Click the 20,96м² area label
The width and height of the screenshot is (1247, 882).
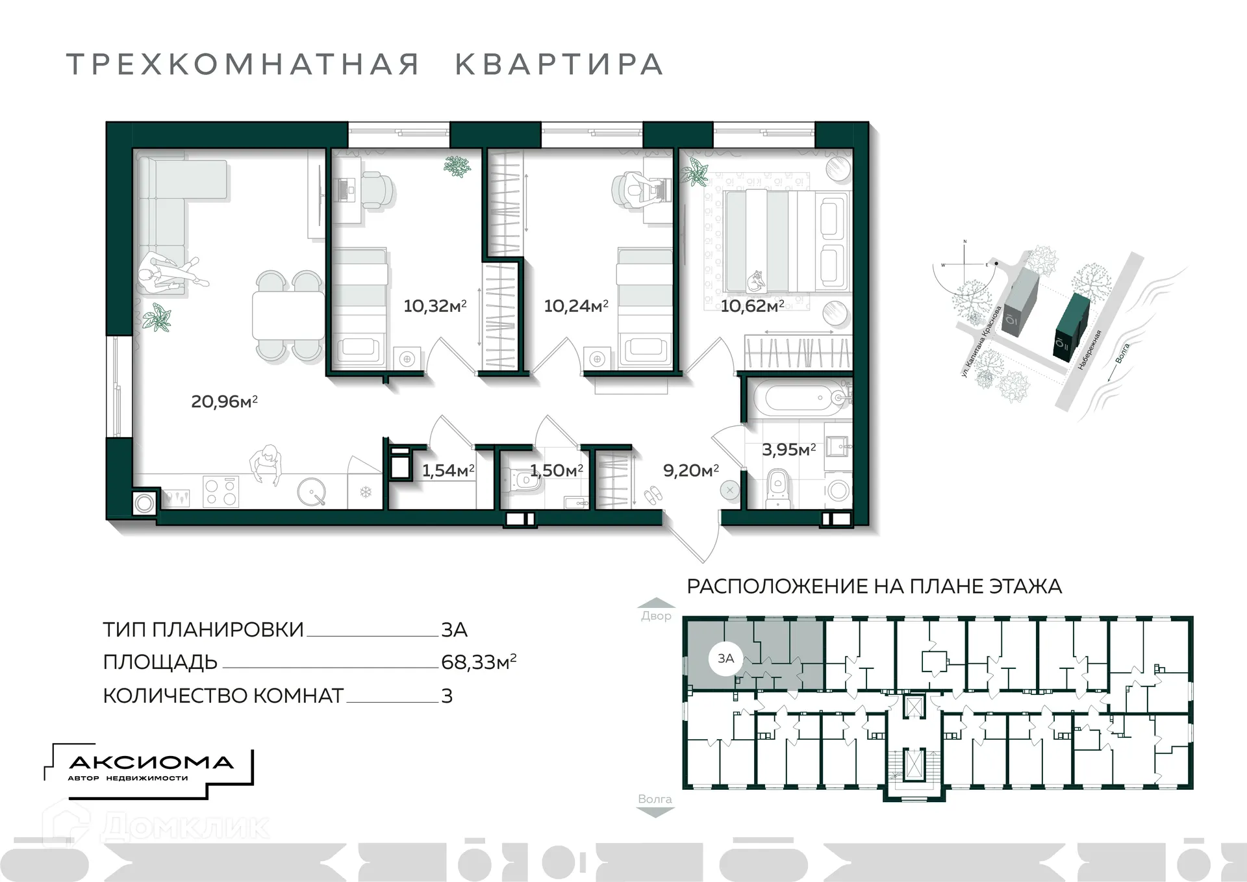click(x=224, y=401)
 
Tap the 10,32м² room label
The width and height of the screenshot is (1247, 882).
click(x=435, y=305)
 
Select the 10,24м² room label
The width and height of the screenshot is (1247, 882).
click(x=575, y=305)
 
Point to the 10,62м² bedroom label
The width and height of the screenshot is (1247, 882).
click(x=752, y=305)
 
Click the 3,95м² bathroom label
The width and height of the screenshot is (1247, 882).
click(x=788, y=449)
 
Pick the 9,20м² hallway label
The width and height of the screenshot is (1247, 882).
click(x=690, y=470)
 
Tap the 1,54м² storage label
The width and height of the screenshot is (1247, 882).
click(x=447, y=470)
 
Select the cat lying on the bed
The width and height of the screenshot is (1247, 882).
click(x=755, y=281)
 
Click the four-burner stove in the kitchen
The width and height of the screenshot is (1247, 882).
click(x=221, y=491)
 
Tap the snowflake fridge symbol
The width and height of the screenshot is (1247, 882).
click(x=366, y=492)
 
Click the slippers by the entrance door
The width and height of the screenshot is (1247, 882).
click(x=653, y=496)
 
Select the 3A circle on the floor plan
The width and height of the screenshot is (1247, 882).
click(x=725, y=658)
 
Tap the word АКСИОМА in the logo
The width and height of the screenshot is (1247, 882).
click(x=151, y=762)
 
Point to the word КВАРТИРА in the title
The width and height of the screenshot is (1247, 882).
click(x=559, y=64)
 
